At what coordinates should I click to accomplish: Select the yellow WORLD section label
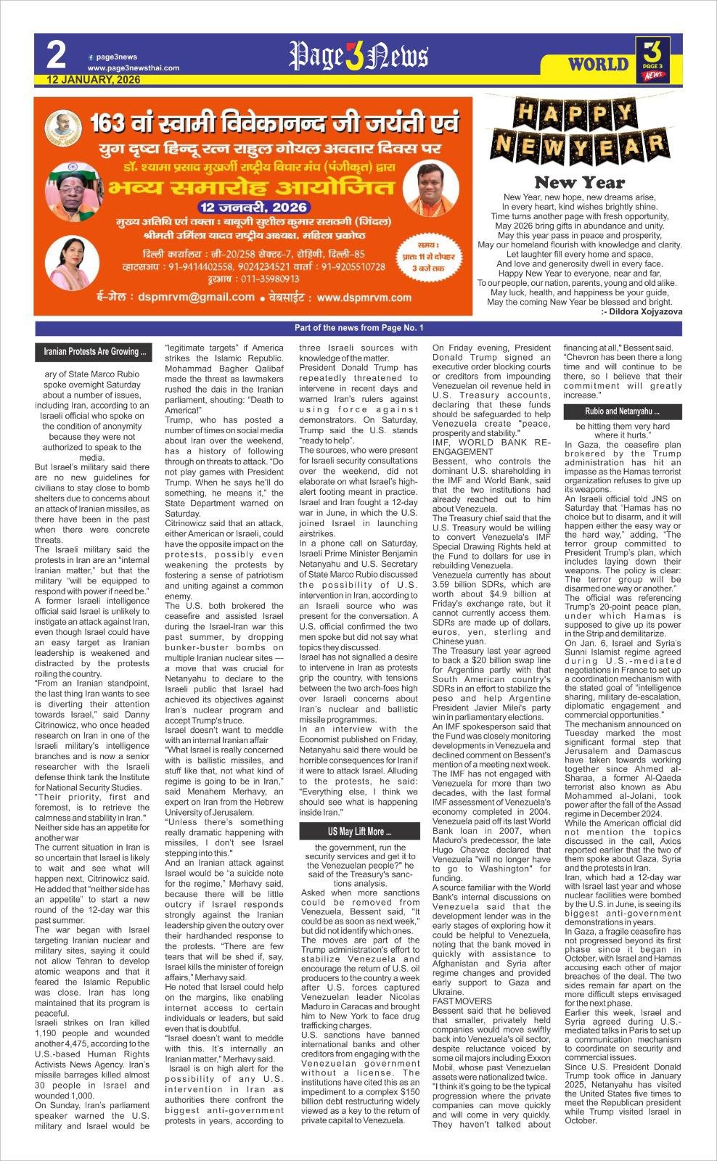598,64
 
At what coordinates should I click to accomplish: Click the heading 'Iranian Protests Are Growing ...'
94,352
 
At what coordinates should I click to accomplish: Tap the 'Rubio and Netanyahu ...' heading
622,411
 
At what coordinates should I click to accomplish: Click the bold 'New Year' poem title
579,182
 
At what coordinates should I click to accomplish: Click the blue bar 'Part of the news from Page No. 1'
358,328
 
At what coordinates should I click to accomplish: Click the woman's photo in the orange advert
73,263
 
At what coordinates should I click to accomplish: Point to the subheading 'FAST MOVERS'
462,1001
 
